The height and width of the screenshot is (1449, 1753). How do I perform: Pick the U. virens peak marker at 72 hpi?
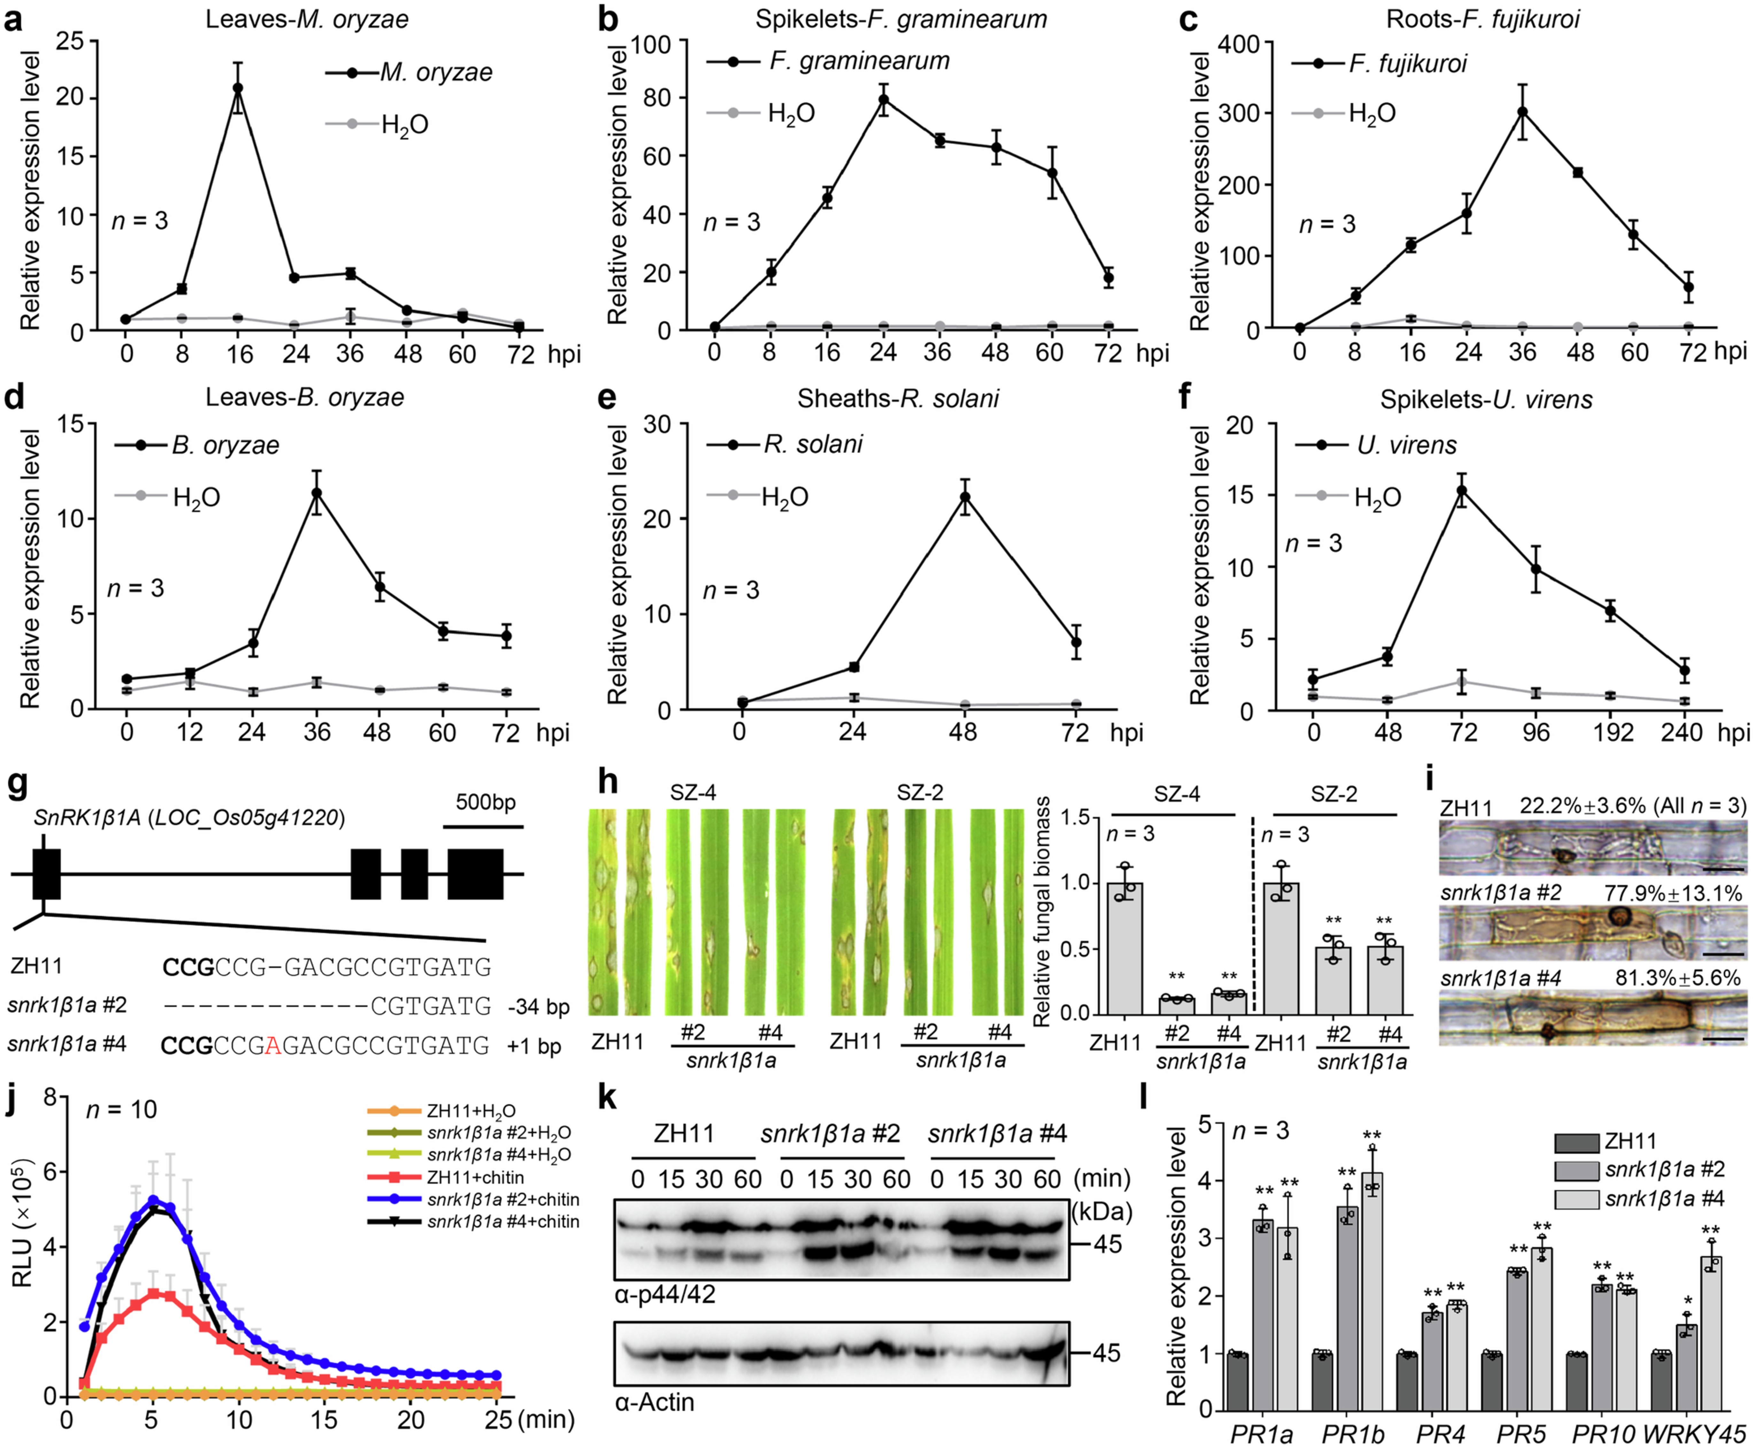[1462, 490]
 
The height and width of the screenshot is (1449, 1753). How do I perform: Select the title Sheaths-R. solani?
[897, 399]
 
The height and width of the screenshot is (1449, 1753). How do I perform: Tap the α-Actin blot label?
[654, 1402]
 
